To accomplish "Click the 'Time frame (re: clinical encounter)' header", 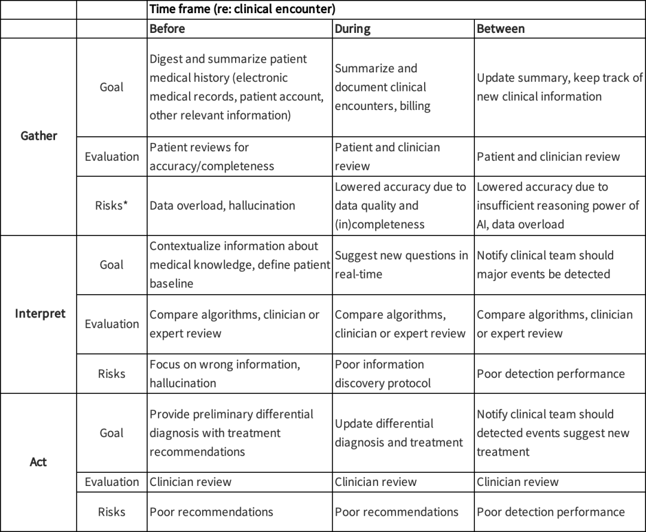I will (242, 9).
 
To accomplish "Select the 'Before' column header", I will (167, 28).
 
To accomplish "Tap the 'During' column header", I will (352, 28).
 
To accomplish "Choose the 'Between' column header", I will (501, 28).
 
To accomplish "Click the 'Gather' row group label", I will (38, 136).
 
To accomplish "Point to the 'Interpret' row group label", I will (40, 313).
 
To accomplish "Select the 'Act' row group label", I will (38, 462).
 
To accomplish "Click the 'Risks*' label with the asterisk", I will (112, 206).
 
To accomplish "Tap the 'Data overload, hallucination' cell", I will (223, 206).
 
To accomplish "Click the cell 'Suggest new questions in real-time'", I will (401, 264).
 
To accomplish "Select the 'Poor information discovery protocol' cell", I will (383, 374).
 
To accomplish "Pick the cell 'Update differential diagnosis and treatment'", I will (399, 433).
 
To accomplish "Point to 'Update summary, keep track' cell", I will (559, 87).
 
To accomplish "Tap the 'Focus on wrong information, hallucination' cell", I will (225, 374).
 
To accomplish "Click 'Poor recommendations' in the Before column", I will (211, 512).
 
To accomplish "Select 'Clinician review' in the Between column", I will (518, 482).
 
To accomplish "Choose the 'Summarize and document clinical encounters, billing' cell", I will (380, 87).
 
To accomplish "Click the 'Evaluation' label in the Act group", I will (112, 482).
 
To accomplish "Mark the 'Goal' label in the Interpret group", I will (112, 264).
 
